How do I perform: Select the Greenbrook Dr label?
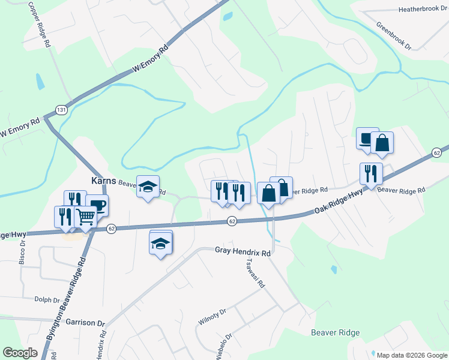pos(393,36)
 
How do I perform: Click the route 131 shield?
pos(60,110)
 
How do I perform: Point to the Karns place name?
pos(103,181)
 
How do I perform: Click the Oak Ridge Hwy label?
pos(339,202)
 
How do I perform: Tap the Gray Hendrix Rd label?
pos(243,253)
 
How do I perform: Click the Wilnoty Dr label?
pos(211,317)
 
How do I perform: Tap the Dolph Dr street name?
pos(47,299)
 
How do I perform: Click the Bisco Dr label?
pos(22,253)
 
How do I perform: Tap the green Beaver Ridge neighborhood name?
pos(335,332)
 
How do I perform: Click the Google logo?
pos(20,352)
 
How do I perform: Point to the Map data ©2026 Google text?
pos(411,355)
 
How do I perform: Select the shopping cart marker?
pos(86,217)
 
